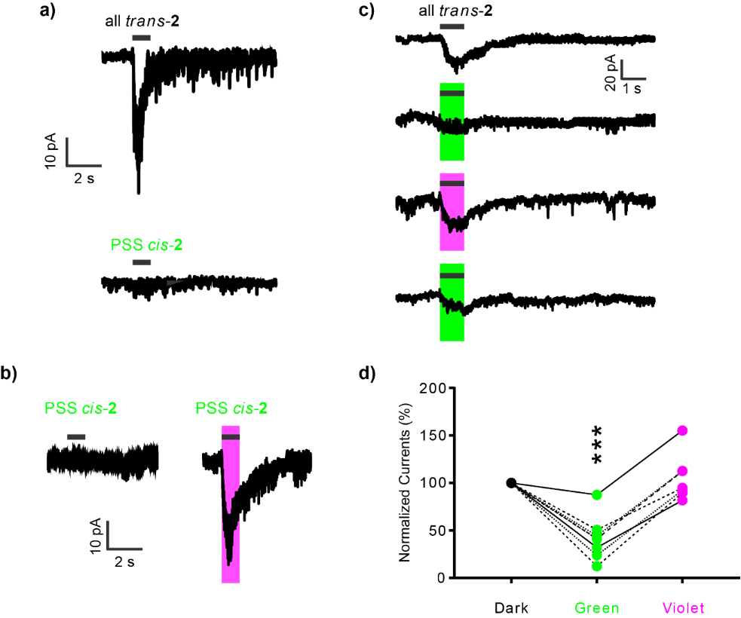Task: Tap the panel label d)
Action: click(x=369, y=372)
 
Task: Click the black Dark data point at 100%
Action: click(x=511, y=482)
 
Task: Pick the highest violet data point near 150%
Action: click(x=682, y=430)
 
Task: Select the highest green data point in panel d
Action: click(x=597, y=494)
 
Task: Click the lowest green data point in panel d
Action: click(x=597, y=566)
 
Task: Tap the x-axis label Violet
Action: click(x=682, y=607)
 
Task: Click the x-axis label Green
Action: click(x=596, y=607)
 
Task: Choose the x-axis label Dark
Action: click(x=511, y=607)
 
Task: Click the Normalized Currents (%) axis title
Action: click(x=405, y=483)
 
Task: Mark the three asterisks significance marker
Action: click(x=596, y=446)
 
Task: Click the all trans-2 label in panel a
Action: click(x=142, y=20)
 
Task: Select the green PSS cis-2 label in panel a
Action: click(x=147, y=245)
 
